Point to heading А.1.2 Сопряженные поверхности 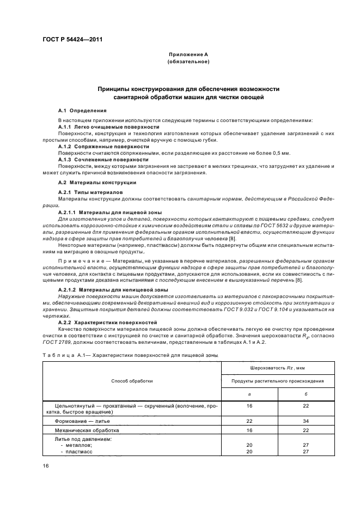coord(103,146)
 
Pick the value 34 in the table coord(306,421)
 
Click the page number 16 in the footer coord(46,465)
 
